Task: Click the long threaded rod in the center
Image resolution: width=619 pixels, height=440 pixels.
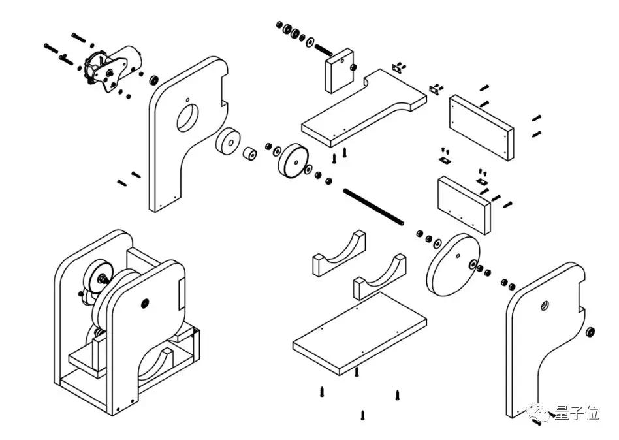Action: [x=373, y=207]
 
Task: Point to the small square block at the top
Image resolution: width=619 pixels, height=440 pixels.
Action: [x=339, y=71]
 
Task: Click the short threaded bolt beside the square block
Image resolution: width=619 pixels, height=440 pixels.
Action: [x=323, y=51]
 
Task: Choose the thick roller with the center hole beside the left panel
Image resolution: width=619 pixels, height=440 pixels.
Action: [x=228, y=141]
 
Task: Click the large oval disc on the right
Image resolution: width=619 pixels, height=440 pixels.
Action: [x=453, y=264]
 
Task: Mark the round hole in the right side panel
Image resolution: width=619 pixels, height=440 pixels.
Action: [x=545, y=305]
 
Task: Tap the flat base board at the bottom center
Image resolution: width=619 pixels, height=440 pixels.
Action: [x=359, y=334]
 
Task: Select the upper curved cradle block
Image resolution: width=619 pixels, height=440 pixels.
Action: [x=339, y=253]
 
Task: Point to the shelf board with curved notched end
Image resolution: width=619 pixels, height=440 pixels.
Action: [x=364, y=108]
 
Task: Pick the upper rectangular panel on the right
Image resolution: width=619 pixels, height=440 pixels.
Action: [x=482, y=127]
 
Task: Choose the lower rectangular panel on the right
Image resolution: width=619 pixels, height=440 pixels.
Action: [x=464, y=205]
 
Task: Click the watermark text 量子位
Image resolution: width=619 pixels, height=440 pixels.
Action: [x=577, y=413]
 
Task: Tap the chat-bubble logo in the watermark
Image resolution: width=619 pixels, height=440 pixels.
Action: [x=538, y=413]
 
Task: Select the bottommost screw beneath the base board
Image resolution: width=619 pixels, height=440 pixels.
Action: [x=362, y=415]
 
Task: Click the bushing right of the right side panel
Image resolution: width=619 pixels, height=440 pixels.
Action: [x=591, y=332]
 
